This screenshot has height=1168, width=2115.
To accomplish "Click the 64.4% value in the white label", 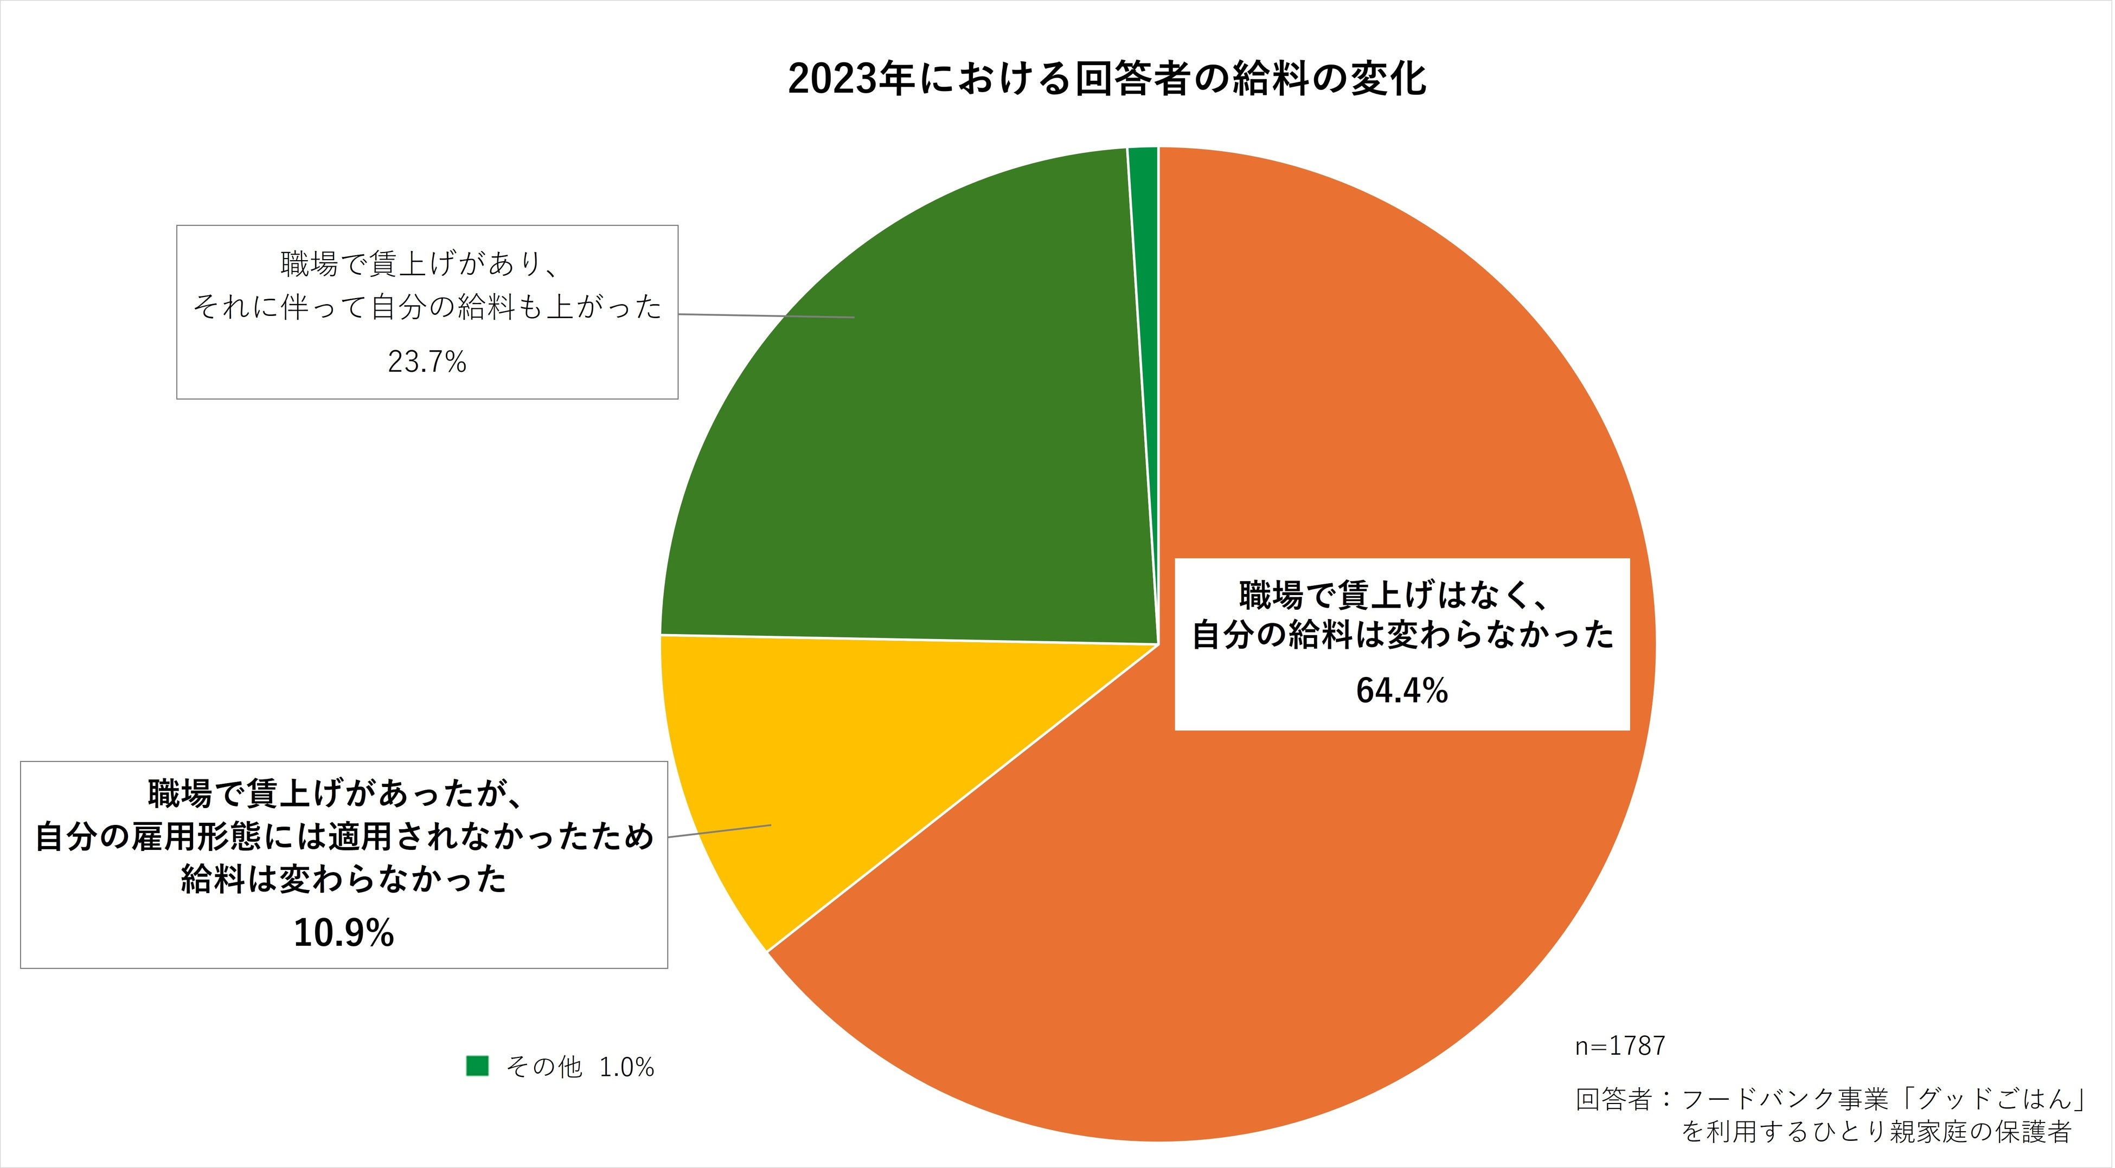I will pos(1401,691).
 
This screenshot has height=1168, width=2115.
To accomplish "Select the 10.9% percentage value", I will pos(343,933).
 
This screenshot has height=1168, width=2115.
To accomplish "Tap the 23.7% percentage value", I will pos(427,362).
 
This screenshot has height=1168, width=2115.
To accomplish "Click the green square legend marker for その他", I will pos(477,1066).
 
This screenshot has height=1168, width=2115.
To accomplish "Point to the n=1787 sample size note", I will pos(1619,1046).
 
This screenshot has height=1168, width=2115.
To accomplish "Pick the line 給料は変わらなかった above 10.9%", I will pos(343,879).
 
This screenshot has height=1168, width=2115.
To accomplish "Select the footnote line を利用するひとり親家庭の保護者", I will pos(1876,1132).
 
